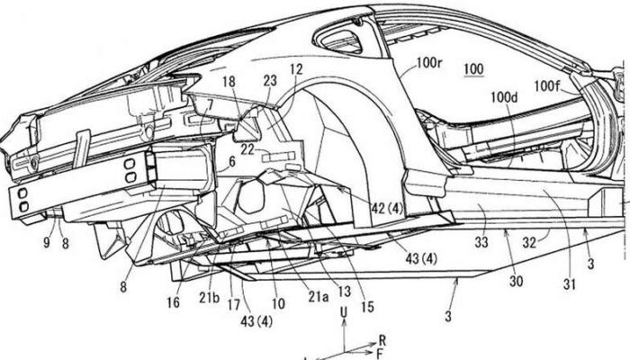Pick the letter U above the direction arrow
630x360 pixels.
(344, 310)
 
